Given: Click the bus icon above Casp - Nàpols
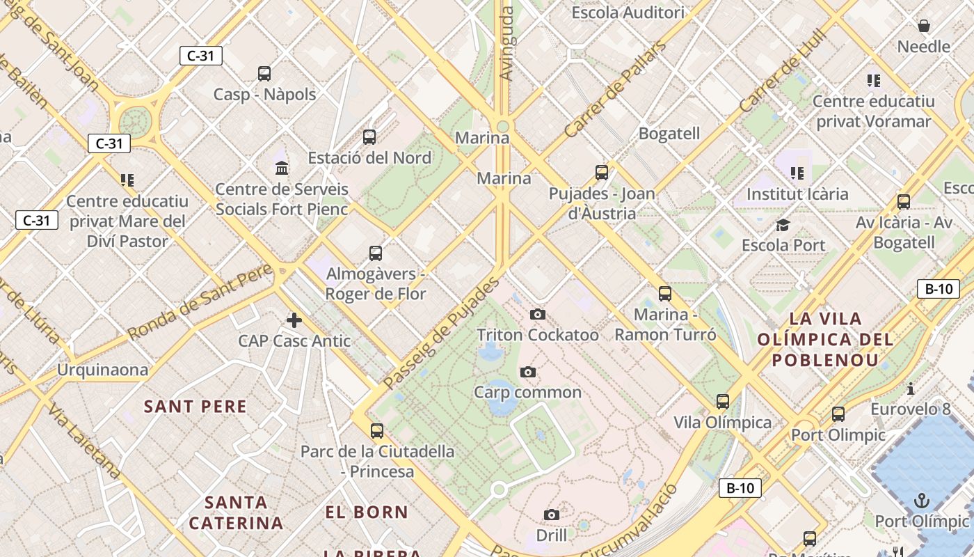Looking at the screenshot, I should [x=264, y=73].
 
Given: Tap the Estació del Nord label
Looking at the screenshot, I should [x=370, y=157].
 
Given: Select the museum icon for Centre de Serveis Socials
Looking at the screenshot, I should [x=282, y=168].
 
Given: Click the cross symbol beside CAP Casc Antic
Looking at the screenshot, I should [x=294, y=320].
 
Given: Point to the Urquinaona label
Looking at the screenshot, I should [x=103, y=370].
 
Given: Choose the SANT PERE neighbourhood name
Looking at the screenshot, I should [x=195, y=407].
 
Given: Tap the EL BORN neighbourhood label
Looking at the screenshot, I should [x=367, y=512].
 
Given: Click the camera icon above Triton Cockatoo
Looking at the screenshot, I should [x=538, y=315].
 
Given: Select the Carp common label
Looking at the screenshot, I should [x=528, y=392].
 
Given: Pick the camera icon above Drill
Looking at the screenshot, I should [x=552, y=515].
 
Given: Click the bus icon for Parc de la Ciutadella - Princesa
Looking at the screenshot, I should [x=377, y=431].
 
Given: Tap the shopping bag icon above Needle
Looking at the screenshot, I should [x=924, y=26].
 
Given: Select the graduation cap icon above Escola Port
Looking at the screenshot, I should [x=783, y=225].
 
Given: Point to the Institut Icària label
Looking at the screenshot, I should [x=797, y=194].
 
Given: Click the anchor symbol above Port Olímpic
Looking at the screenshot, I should [x=922, y=501].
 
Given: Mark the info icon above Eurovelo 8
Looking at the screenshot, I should [x=911, y=389].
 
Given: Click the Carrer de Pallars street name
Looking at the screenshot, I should [x=614, y=89].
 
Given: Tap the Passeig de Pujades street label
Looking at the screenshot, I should [x=442, y=333].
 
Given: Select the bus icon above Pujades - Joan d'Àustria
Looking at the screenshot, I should [x=602, y=172].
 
